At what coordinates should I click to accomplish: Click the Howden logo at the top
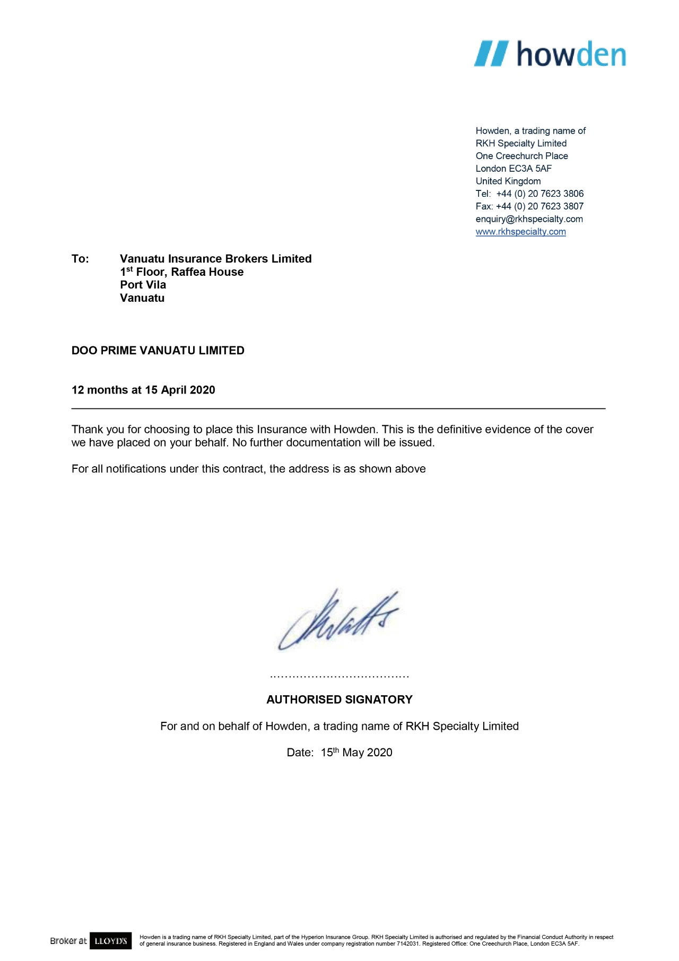550,54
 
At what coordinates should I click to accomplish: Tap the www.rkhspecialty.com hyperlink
520,232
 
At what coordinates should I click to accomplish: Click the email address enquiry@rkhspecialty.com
529,219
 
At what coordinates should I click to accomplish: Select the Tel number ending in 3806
539,194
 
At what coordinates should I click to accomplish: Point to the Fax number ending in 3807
539,206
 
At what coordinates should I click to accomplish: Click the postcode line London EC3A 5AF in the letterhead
513,169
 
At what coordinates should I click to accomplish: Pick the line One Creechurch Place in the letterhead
521,156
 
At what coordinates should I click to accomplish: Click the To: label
80,259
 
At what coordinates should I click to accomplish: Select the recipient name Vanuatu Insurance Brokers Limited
215,259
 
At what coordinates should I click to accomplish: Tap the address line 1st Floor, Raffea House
181,272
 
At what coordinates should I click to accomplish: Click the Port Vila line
143,285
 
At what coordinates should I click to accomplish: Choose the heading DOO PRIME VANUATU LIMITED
158,351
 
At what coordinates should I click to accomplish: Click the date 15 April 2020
180,390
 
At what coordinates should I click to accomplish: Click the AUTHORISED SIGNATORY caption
339,700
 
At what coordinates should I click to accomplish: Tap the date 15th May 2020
356,753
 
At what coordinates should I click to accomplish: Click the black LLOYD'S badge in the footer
110,941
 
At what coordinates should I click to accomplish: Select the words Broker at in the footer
68,941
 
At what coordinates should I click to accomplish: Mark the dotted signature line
339,677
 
